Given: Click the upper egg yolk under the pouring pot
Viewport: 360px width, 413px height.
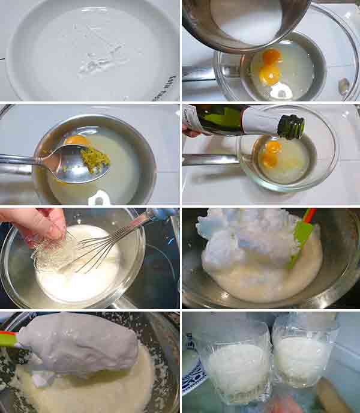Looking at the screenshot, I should [272, 56].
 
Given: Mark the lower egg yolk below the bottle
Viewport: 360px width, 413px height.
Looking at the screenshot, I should [269, 160].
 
